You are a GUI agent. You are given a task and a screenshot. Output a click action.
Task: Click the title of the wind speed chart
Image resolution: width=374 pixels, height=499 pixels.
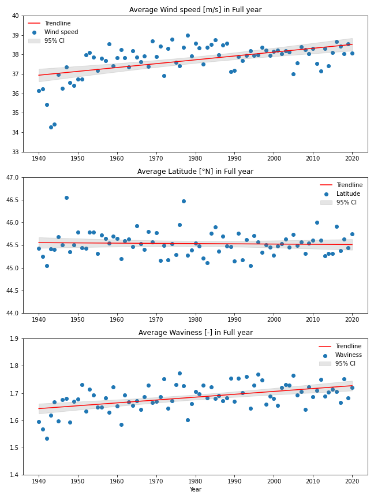195,10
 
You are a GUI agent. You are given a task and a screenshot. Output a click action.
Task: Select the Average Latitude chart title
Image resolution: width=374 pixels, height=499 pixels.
195,171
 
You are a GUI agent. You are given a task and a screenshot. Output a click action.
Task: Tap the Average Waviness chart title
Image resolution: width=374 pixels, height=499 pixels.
195,332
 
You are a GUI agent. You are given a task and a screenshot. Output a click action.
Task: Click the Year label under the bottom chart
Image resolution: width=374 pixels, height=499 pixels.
195,489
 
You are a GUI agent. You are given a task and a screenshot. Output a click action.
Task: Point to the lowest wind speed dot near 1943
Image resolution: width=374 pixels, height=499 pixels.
51,127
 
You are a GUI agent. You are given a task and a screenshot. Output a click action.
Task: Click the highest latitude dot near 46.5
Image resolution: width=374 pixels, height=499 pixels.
66,198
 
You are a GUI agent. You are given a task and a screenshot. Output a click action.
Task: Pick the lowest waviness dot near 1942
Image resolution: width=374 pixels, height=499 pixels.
47,438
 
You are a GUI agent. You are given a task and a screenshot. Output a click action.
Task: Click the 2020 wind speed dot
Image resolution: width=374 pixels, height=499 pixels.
352,53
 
